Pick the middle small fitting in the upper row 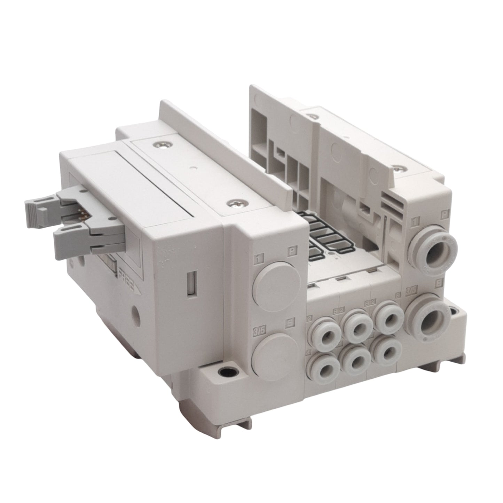(x=356, y=325)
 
